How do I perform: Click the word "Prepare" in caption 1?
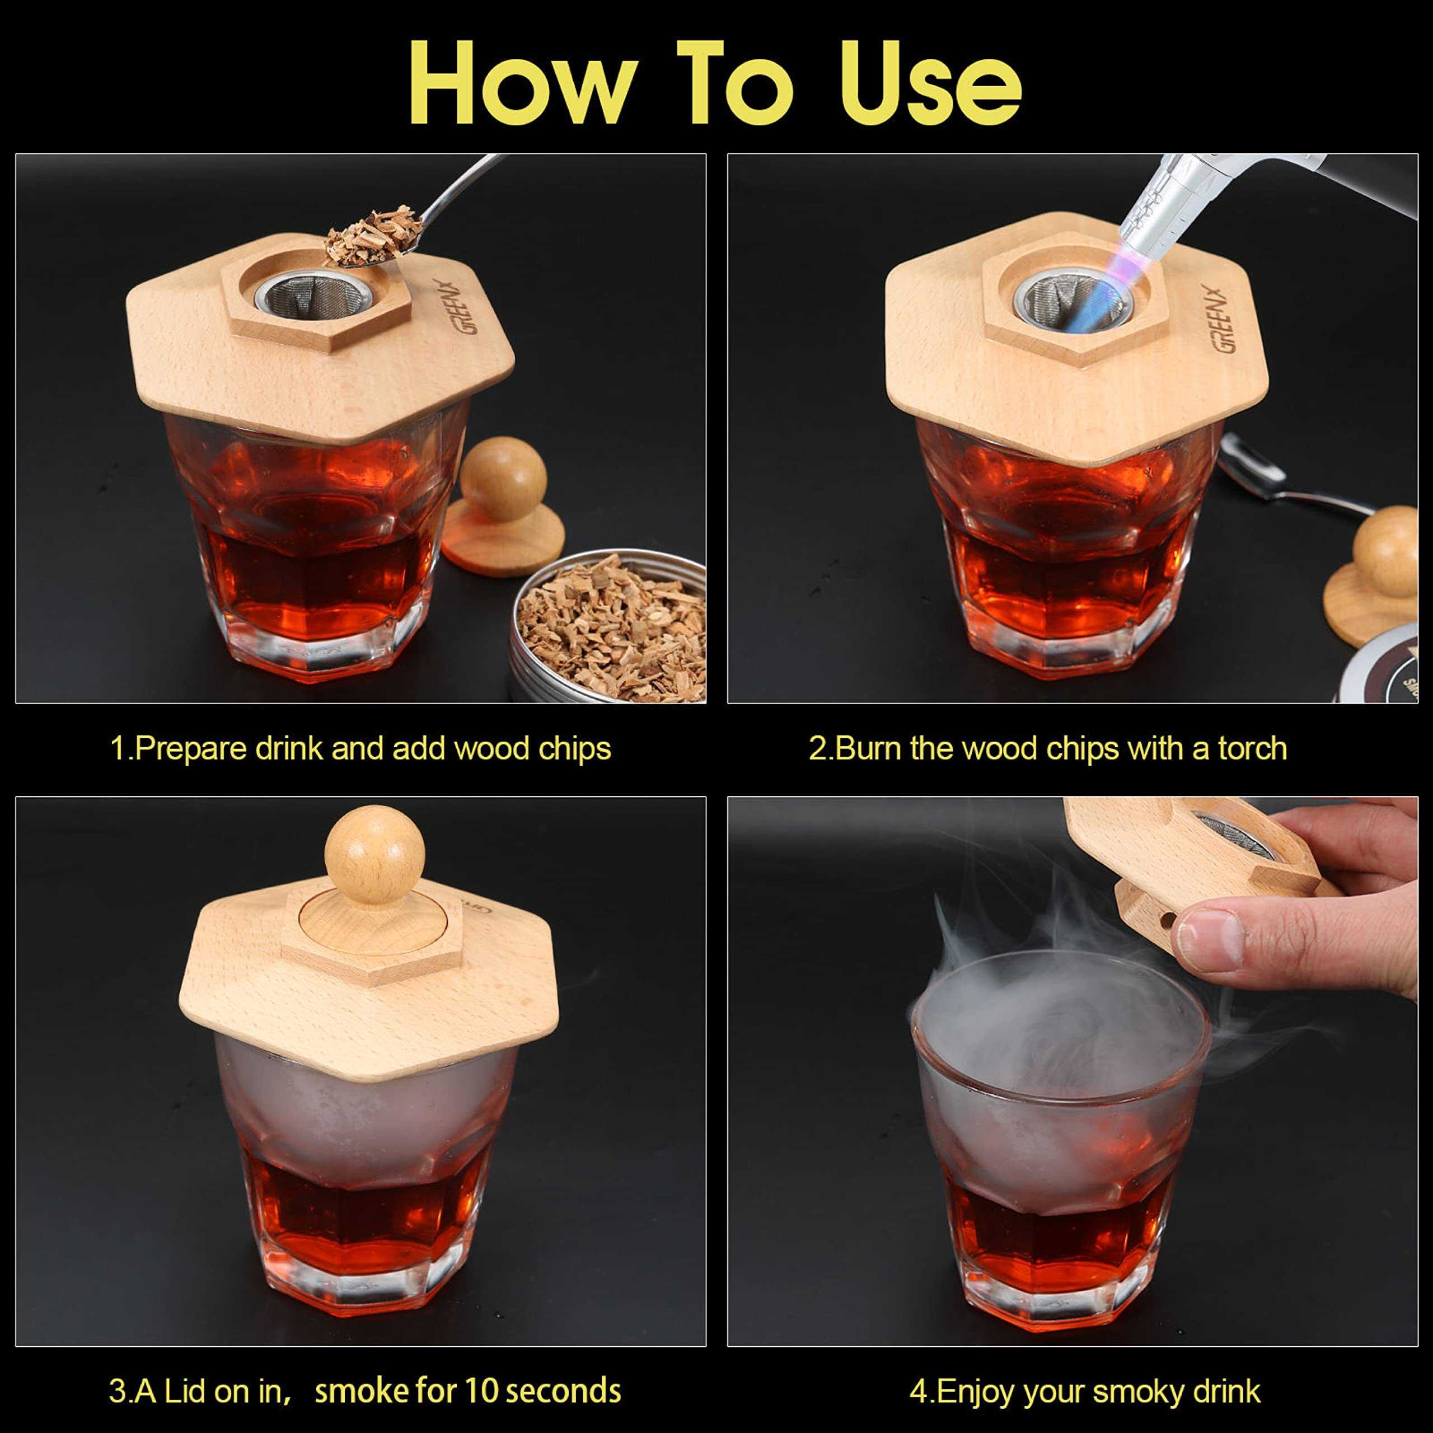[191, 749]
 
